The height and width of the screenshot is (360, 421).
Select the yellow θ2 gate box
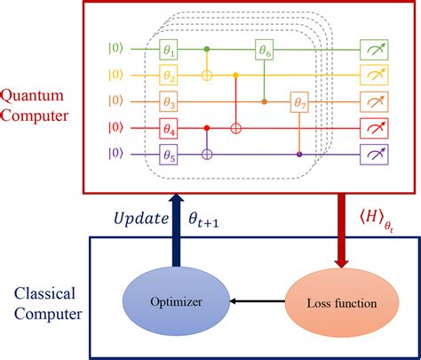pyautogui.click(x=170, y=72)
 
